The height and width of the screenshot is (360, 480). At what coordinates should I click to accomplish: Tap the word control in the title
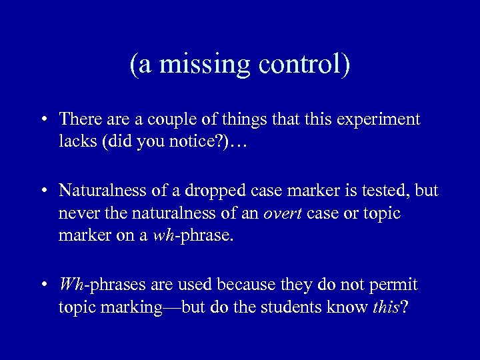pos(303,65)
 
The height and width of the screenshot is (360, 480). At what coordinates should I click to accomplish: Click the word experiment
pos(379,119)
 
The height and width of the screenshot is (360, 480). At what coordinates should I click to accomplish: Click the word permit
pos(393,285)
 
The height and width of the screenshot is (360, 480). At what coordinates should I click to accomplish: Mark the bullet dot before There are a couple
pos(43,121)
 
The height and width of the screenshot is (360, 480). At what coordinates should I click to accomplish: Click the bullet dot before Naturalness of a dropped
pos(43,192)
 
